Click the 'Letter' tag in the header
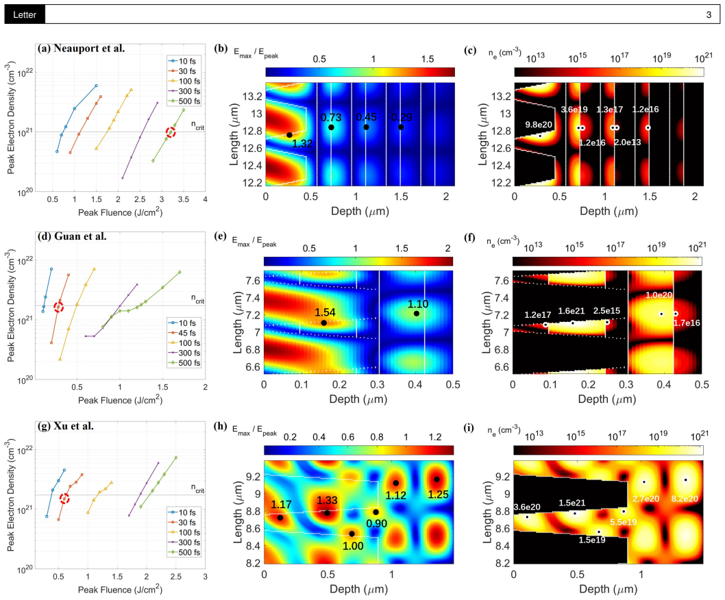(x=25, y=15)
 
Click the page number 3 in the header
(x=709, y=15)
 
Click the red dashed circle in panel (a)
(x=171, y=132)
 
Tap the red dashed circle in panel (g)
(x=64, y=499)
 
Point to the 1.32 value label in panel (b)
(x=302, y=143)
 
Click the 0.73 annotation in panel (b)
(x=331, y=117)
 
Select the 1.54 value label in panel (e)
(x=325, y=312)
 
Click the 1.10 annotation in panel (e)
(x=417, y=303)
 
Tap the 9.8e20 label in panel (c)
(x=539, y=125)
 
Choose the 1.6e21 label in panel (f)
(x=572, y=311)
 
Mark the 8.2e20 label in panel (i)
(x=685, y=499)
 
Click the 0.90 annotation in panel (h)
(x=376, y=523)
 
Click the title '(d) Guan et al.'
(x=73, y=236)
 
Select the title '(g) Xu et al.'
(x=66, y=426)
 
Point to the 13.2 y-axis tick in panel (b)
(x=252, y=97)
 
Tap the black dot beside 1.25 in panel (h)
(x=437, y=479)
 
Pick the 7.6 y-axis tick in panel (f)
(x=502, y=281)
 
